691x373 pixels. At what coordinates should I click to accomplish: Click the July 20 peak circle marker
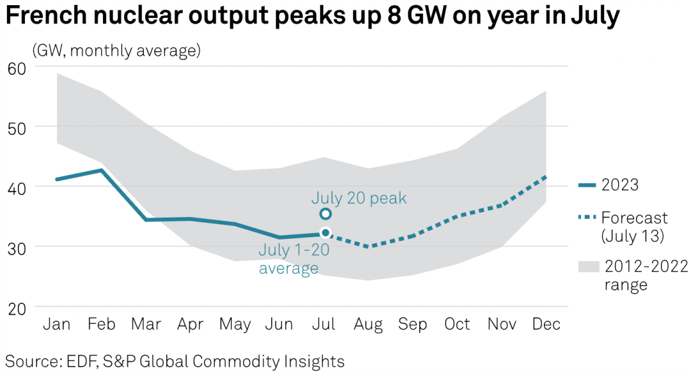coord(325,214)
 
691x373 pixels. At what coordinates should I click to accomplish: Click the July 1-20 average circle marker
coord(325,233)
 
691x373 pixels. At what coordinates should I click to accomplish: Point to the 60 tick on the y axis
coord(17,67)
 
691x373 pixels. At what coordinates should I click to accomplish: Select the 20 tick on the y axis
coord(17,307)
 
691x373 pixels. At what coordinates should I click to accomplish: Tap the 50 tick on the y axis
coord(17,127)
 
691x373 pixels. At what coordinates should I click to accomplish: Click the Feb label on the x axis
coord(102,325)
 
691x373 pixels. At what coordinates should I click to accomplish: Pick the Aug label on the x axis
coord(369,325)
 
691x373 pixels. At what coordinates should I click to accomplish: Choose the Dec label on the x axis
coord(546,325)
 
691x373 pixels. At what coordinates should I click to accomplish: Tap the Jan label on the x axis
coord(57,325)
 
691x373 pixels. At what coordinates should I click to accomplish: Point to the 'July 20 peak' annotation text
coord(359,198)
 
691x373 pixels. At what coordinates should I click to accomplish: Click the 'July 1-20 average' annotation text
coord(293,258)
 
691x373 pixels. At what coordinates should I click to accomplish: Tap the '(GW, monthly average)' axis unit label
coord(116,50)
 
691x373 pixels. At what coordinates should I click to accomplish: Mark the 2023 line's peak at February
coord(102,170)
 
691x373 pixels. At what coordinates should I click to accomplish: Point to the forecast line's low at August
coord(369,246)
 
